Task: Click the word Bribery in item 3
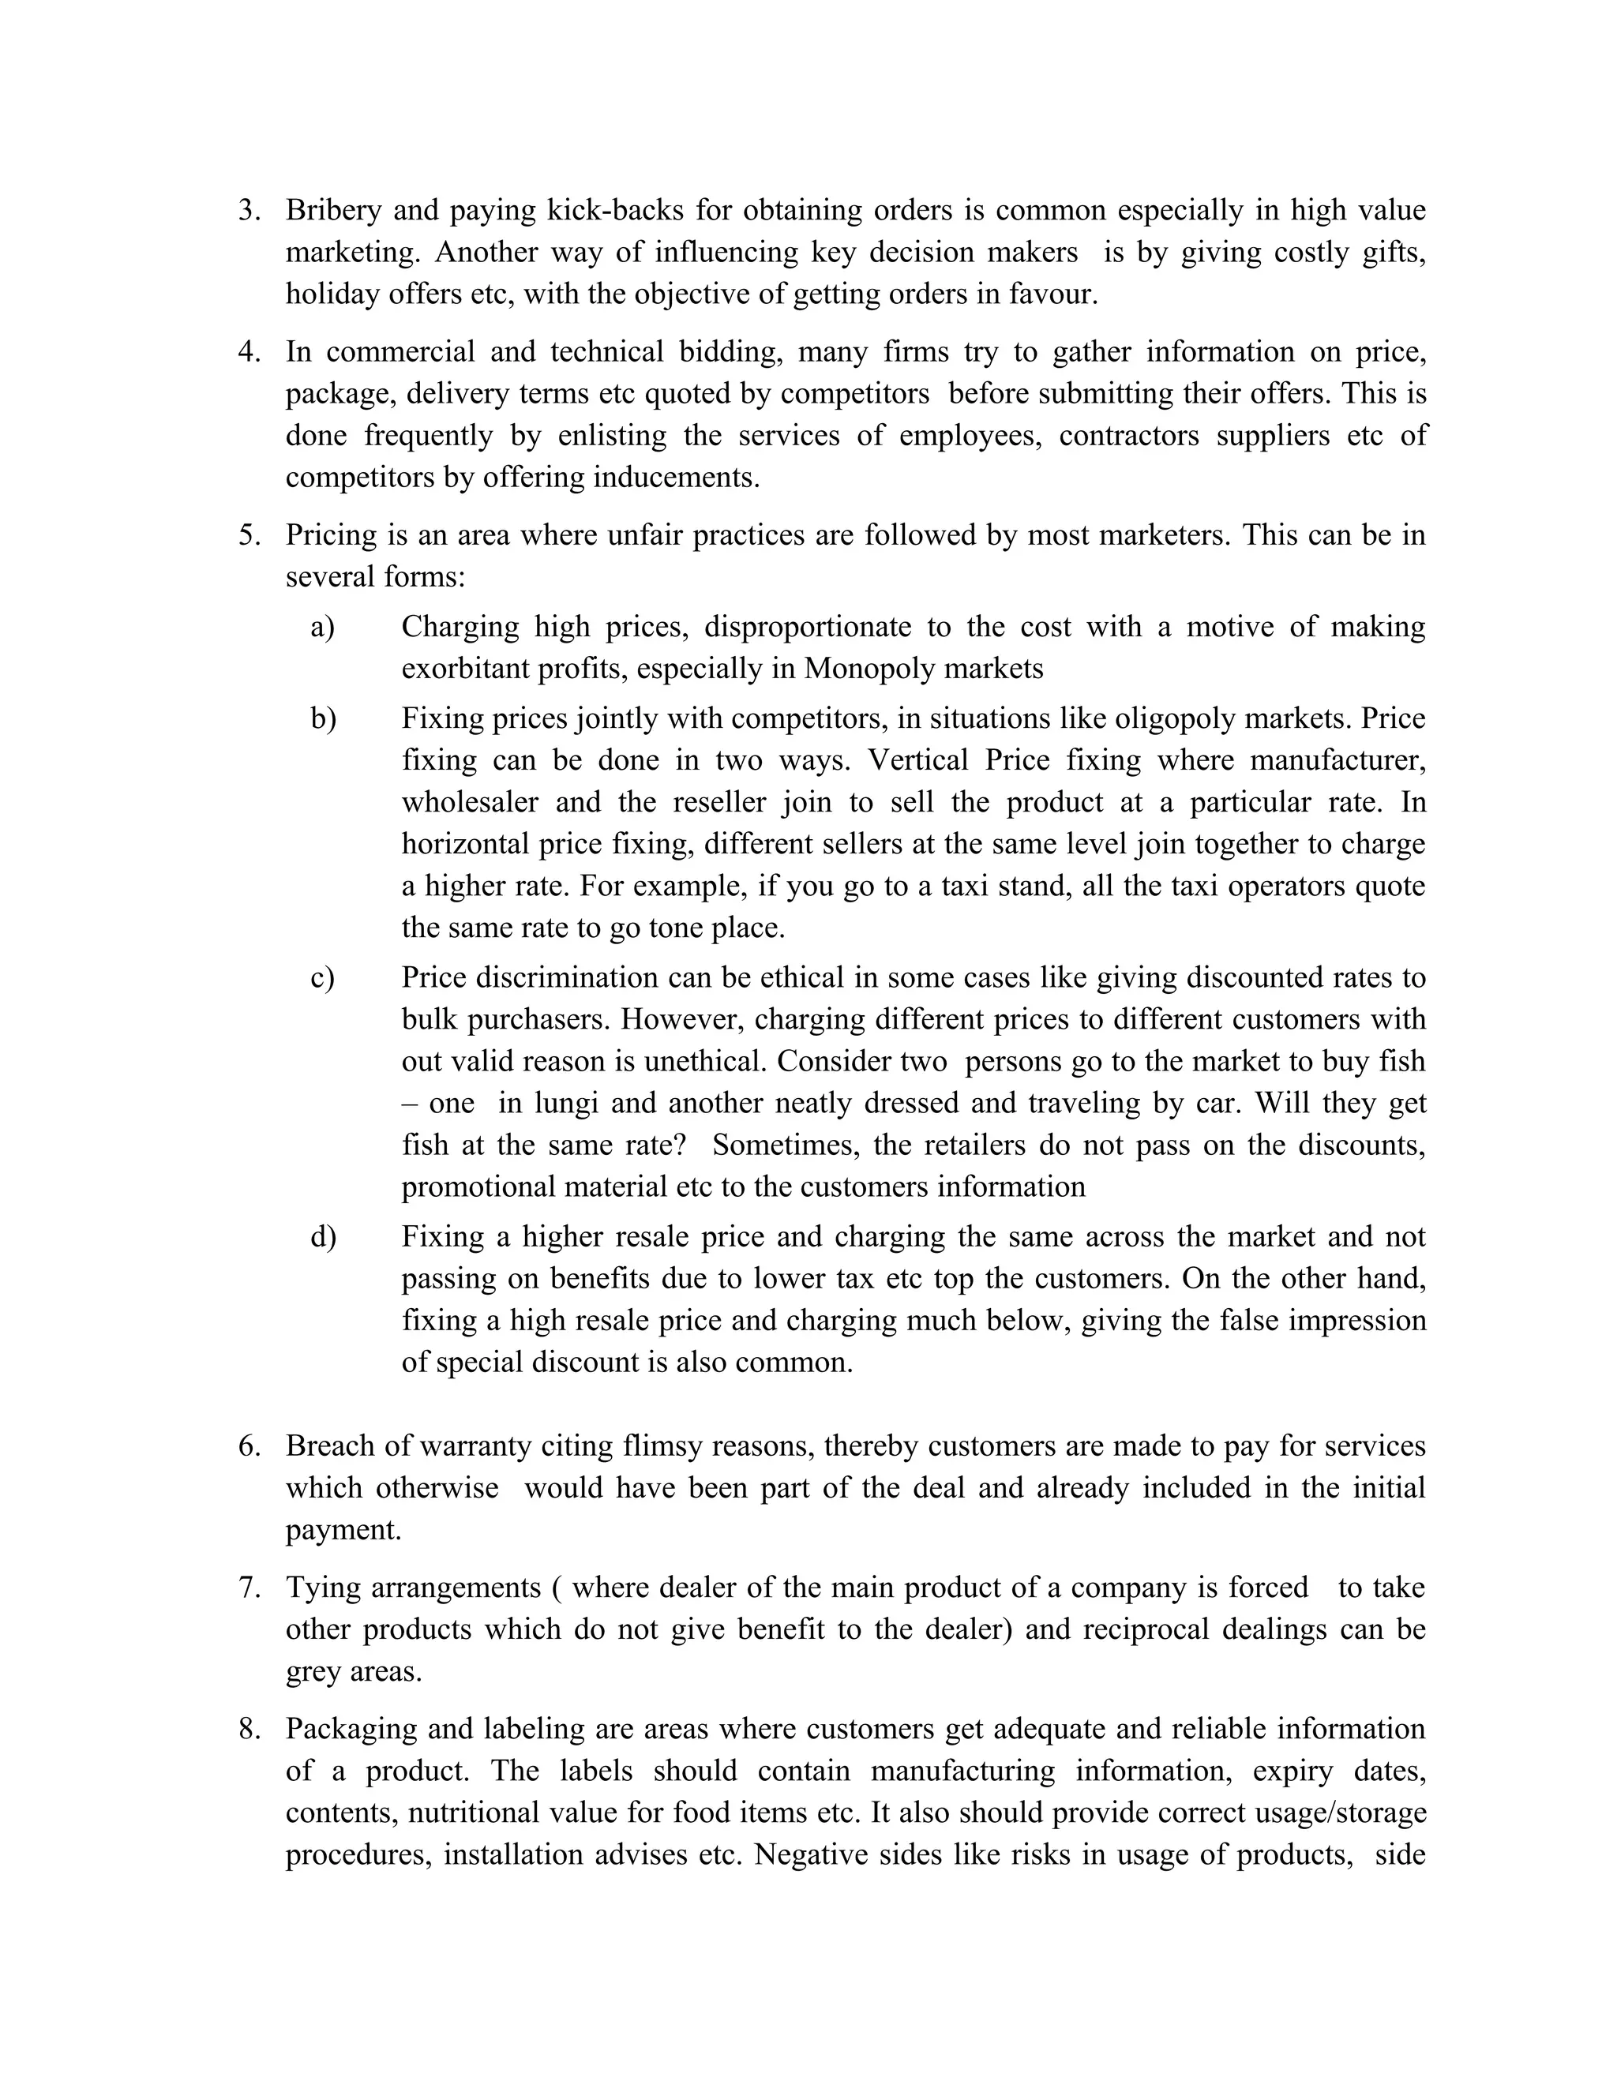coord(332,210)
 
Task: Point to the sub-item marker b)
coord(323,718)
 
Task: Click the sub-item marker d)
coord(323,1236)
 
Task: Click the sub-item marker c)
coord(322,978)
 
